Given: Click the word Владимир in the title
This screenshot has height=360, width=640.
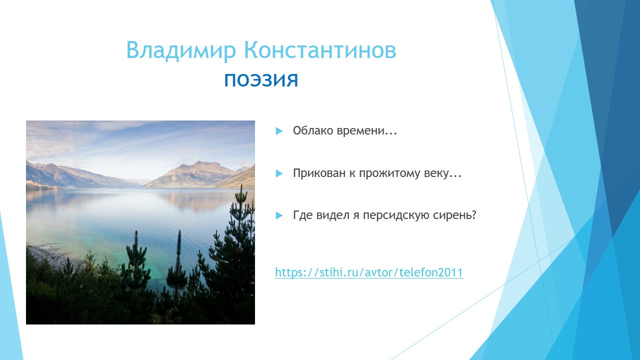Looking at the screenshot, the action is coord(181,50).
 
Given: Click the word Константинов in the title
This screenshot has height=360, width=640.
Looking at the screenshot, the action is coord(320,50).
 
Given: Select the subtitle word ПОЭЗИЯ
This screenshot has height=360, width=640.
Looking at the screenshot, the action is coord(261,80).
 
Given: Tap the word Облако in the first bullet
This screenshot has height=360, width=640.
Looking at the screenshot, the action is coord(313,130).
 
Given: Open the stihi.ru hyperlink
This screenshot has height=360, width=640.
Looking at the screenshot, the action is coord(369,272).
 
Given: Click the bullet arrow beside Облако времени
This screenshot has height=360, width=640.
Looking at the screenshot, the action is coord(279,131).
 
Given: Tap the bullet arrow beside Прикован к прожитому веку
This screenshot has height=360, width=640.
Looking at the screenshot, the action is coord(279,173).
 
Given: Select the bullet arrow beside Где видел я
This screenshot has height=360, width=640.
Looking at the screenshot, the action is coord(279,215).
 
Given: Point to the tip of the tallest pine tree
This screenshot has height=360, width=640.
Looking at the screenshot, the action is coord(241,184).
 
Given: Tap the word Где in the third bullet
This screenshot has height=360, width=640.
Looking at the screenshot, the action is coord(303,215).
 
